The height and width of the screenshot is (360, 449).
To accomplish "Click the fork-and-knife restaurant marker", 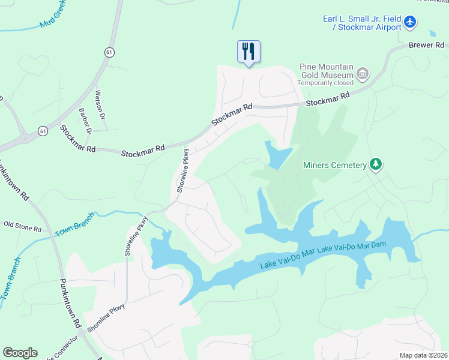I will pos(249,51).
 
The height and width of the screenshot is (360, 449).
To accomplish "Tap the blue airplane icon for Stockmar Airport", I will pos(410,23).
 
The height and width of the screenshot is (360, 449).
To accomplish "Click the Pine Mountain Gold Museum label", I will pos(327,71).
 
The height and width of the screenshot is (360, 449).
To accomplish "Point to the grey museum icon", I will pos(363,74).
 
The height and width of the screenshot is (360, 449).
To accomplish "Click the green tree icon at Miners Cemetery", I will pos(376,164).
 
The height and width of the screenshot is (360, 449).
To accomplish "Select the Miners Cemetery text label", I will pos(335,165).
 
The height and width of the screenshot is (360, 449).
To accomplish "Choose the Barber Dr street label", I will pos(85,121).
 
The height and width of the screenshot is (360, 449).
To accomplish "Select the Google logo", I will pos(20,353).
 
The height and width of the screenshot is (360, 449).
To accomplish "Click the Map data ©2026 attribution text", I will pos(423,355).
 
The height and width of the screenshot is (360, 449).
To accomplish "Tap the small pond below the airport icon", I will pos(433,34).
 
